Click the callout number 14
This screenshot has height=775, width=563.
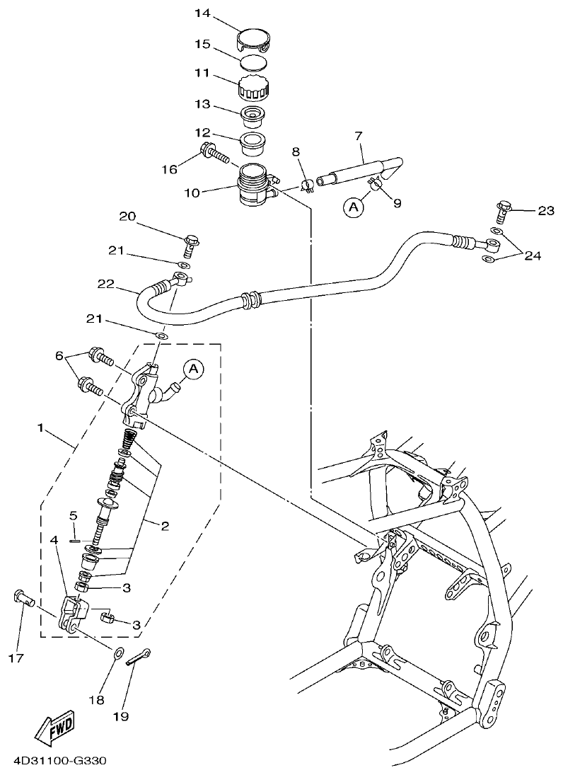202,13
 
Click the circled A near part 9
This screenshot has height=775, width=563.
353,207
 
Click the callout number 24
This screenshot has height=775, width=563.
532,256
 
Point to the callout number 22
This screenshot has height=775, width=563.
106,283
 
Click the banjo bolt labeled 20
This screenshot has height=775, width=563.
190,244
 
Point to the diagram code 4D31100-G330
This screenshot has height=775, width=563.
59,762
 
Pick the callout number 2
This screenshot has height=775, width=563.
164,525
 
